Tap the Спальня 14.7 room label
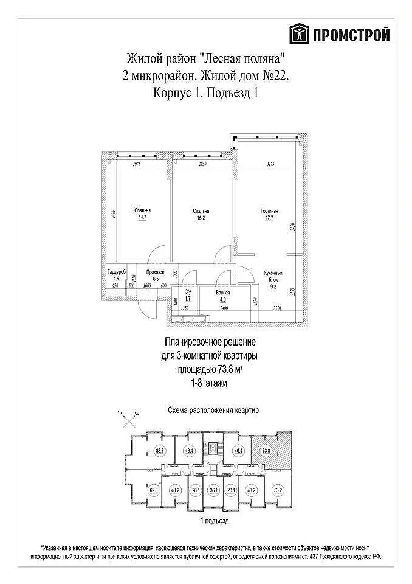[143, 214]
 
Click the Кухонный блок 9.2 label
[273, 277]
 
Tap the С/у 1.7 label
[188, 296]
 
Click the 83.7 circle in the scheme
[160, 451]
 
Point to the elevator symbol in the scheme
[213, 448]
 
